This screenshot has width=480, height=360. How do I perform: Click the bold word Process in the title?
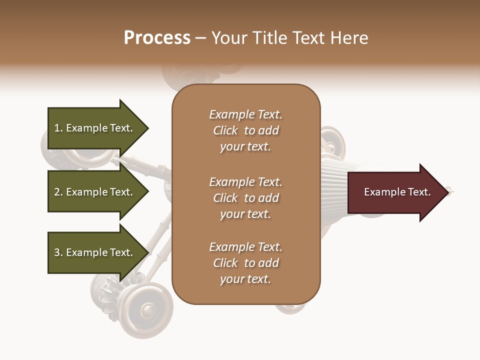pos(157,38)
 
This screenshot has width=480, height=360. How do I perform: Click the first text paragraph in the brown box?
pos(245,130)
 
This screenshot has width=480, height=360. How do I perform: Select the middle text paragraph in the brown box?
pos(245,198)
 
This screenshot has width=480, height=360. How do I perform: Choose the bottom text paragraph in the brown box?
pos(245,263)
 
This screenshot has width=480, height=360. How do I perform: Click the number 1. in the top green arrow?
pos(58,128)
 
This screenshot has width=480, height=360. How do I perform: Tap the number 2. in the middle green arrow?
pos(58,192)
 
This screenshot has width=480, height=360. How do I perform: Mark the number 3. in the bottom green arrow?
pos(58,252)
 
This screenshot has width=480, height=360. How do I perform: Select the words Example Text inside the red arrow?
pos(397,192)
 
